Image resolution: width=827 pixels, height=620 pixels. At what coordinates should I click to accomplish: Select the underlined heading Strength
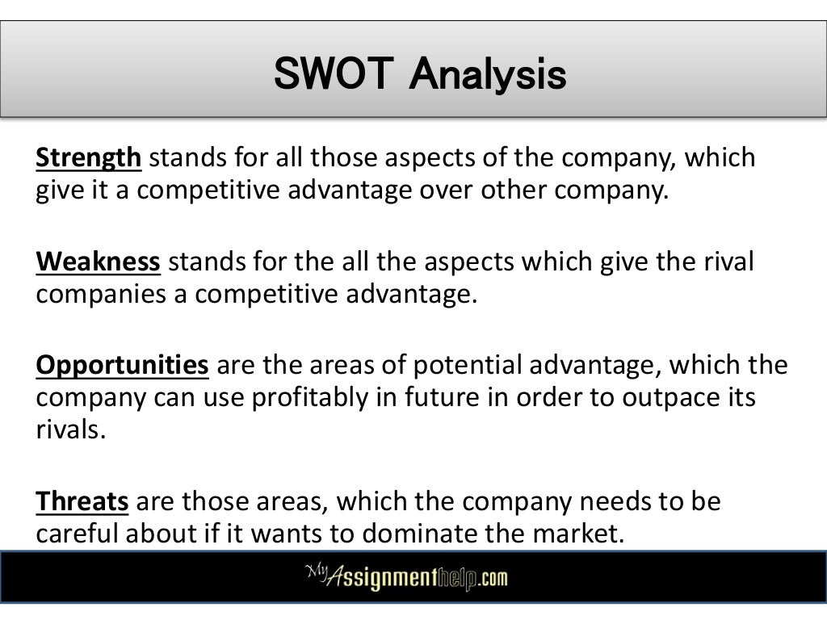[88, 157]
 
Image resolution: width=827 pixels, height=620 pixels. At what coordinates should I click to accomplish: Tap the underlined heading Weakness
[99, 262]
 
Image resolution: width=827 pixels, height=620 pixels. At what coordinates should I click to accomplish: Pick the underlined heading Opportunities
[122, 366]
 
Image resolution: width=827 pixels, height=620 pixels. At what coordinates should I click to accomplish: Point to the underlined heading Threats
[82, 502]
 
